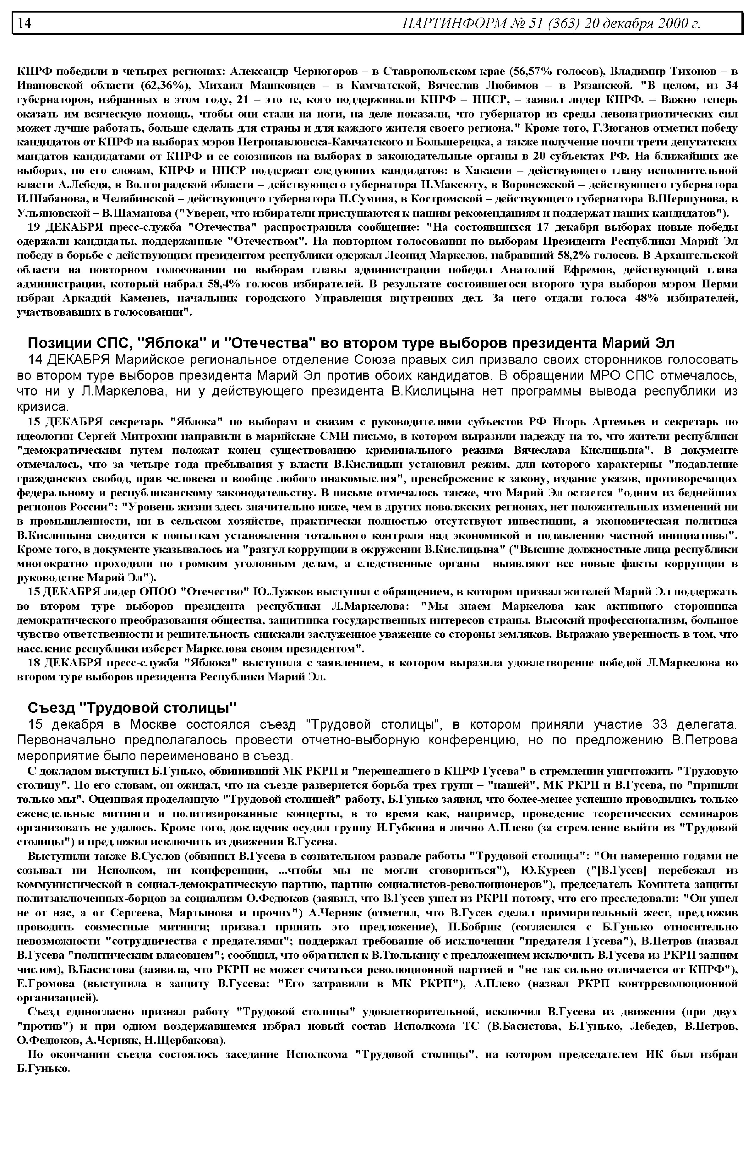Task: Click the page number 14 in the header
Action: pos(25,23)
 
